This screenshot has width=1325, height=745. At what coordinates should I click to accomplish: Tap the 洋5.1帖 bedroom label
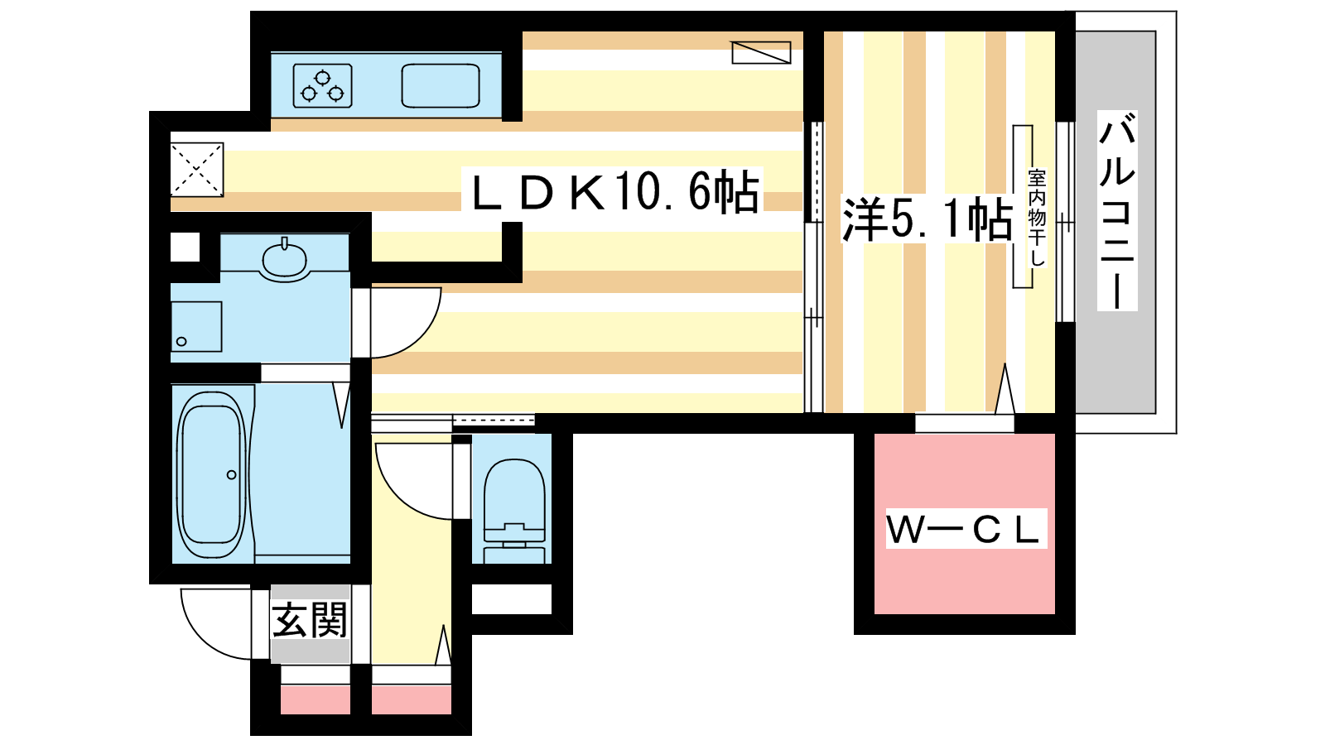pyautogui.click(x=927, y=219)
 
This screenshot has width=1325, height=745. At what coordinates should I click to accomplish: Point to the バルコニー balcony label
pyautogui.click(x=1117, y=210)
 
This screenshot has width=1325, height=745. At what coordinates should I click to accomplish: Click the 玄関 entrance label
pyautogui.click(x=310, y=620)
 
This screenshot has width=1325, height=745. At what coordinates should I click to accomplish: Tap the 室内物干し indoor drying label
pyautogui.click(x=1037, y=218)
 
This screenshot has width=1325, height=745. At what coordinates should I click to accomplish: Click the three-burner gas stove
pyautogui.click(x=322, y=86)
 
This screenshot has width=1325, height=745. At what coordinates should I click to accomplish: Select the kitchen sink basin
pyautogui.click(x=440, y=86)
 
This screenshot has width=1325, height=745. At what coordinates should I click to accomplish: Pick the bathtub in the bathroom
pyautogui.click(x=211, y=475)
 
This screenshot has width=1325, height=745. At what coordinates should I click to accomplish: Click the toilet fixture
pyautogui.click(x=514, y=510)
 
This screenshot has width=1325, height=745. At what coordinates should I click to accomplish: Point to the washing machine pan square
pyautogui.click(x=196, y=327)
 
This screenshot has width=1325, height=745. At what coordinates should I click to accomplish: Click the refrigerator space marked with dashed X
pyautogui.click(x=197, y=169)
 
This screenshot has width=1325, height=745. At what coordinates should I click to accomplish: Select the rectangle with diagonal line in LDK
pyautogui.click(x=761, y=52)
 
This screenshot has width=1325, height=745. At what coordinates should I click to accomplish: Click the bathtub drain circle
pyautogui.click(x=231, y=475)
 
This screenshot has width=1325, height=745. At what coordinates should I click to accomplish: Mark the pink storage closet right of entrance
pyautogui.click(x=411, y=699)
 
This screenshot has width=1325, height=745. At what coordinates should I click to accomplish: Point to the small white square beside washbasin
pyautogui.click(x=185, y=248)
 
